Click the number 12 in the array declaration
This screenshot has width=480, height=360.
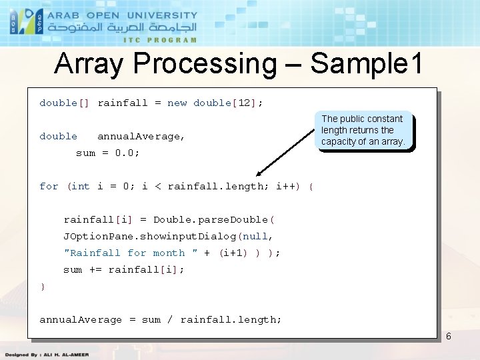(x=244, y=103)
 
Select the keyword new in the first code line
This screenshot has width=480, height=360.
(x=177, y=103)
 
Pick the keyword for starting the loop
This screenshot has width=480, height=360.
(x=49, y=186)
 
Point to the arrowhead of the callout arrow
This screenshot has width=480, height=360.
(x=259, y=173)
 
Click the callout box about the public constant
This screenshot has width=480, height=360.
(x=363, y=130)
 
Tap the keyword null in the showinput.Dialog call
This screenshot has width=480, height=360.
(x=256, y=236)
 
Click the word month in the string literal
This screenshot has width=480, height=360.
(x=169, y=253)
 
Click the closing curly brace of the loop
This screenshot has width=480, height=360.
(x=43, y=286)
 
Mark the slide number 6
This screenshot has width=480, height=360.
(x=448, y=336)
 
